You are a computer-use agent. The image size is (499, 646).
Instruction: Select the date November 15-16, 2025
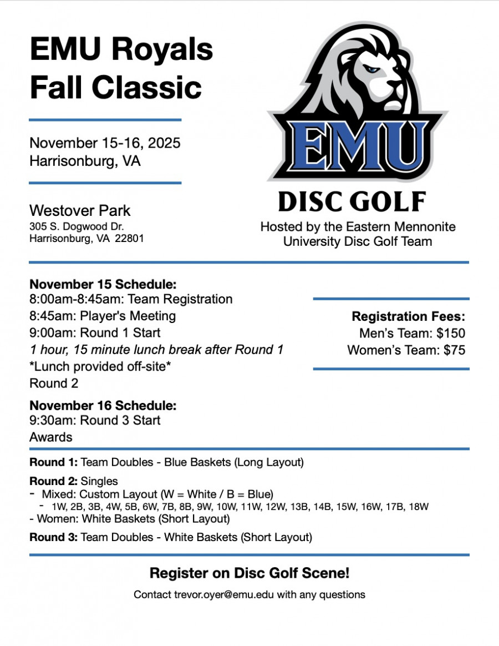[x=105, y=143]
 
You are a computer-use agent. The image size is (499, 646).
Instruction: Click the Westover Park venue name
[x=80, y=211]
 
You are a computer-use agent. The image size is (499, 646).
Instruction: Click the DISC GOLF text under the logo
[x=352, y=202]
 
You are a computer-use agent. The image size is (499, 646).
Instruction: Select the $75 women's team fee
[x=454, y=350]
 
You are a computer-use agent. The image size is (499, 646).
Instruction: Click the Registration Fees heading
[x=408, y=317]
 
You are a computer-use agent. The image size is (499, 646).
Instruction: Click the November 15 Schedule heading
[x=103, y=284]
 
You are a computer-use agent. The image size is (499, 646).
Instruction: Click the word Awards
[x=50, y=437]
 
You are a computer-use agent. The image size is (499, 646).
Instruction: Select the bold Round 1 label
[x=53, y=462]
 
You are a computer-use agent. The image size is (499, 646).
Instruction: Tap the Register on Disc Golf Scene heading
[x=249, y=573]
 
